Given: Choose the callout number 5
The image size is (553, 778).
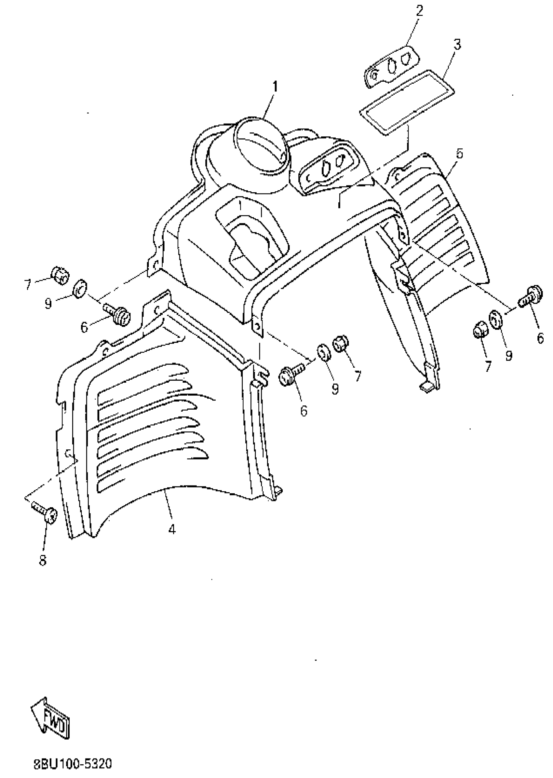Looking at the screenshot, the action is tap(460, 154).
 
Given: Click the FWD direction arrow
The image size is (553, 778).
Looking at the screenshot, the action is tap(51, 718).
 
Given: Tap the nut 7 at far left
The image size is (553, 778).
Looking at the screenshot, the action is tap(60, 275).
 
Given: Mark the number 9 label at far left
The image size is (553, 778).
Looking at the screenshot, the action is tap(48, 304).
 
